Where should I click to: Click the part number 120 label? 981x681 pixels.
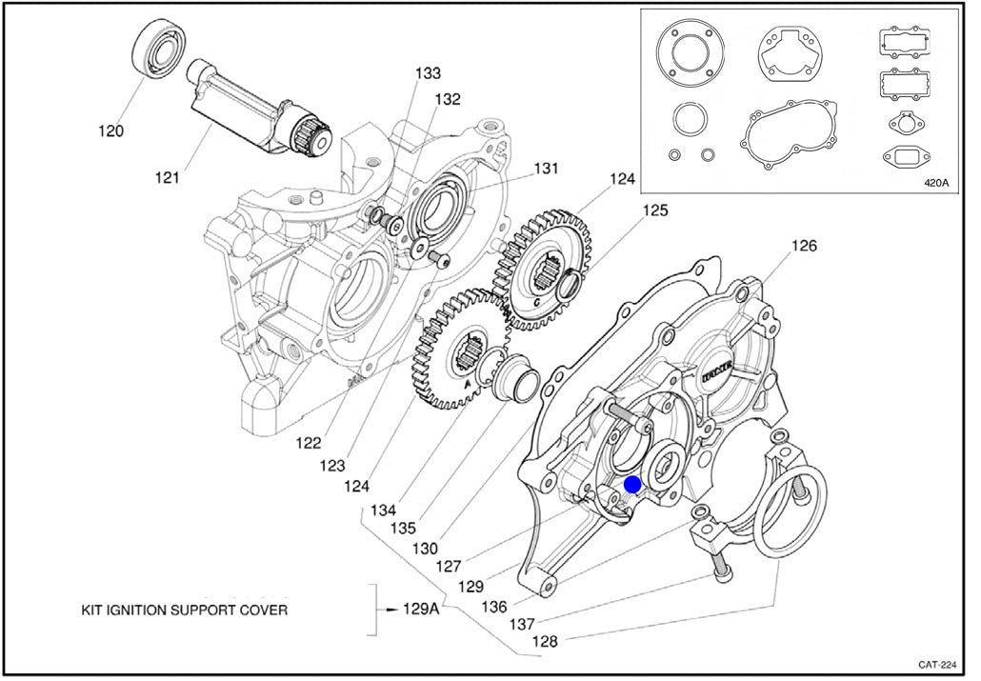point(110,130)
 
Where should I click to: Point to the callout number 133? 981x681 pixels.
point(428,73)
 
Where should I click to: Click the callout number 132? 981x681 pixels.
point(448,99)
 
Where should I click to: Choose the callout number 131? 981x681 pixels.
point(545,169)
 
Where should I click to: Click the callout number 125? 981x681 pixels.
point(654,210)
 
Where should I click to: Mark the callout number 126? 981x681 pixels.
point(804,246)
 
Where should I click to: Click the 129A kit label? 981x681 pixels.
point(421,609)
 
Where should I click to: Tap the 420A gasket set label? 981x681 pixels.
point(936,184)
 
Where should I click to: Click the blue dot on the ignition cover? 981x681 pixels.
point(632,485)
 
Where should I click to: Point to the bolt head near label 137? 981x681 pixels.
point(723,576)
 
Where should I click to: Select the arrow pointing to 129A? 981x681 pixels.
point(388,609)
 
